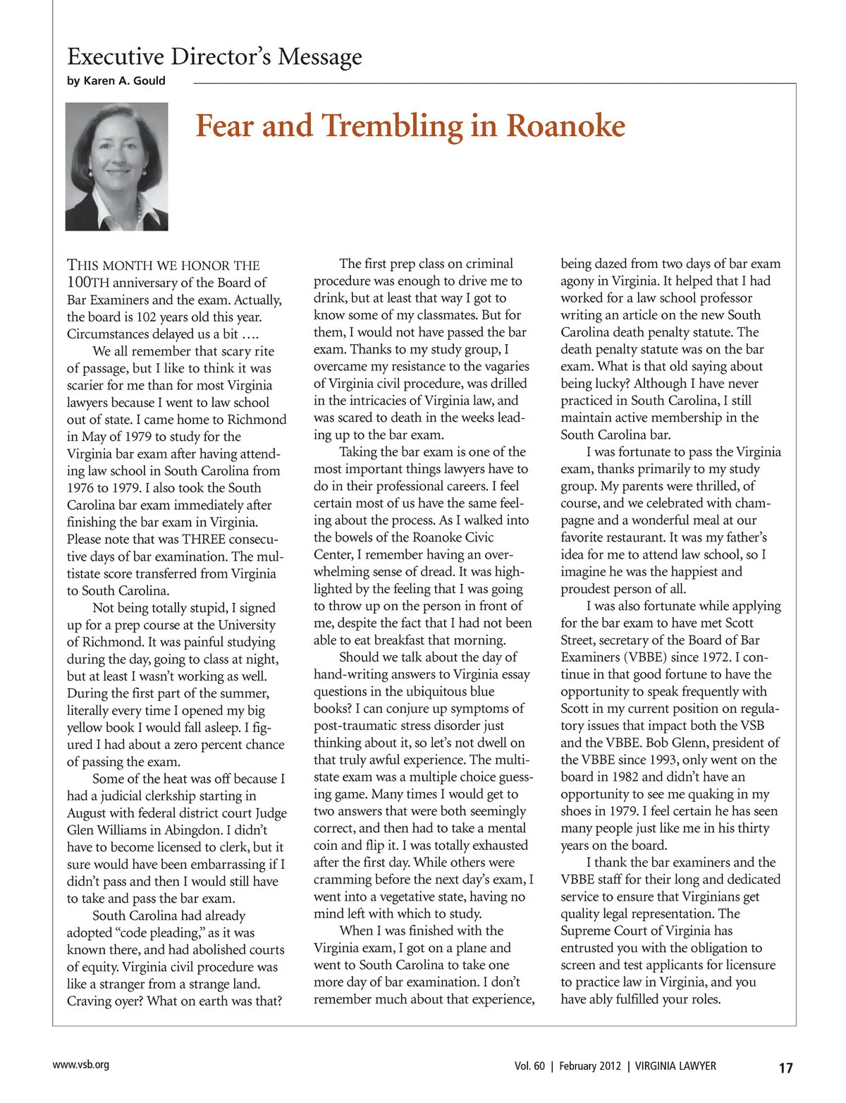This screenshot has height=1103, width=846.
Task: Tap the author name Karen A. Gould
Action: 124,80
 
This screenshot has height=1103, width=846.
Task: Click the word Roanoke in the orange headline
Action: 565,126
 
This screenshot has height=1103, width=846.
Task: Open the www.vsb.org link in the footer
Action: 81,1065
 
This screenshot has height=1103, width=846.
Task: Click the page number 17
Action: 785,1068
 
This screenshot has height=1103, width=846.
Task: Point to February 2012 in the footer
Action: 590,1066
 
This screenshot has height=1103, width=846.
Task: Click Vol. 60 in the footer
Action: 529,1066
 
